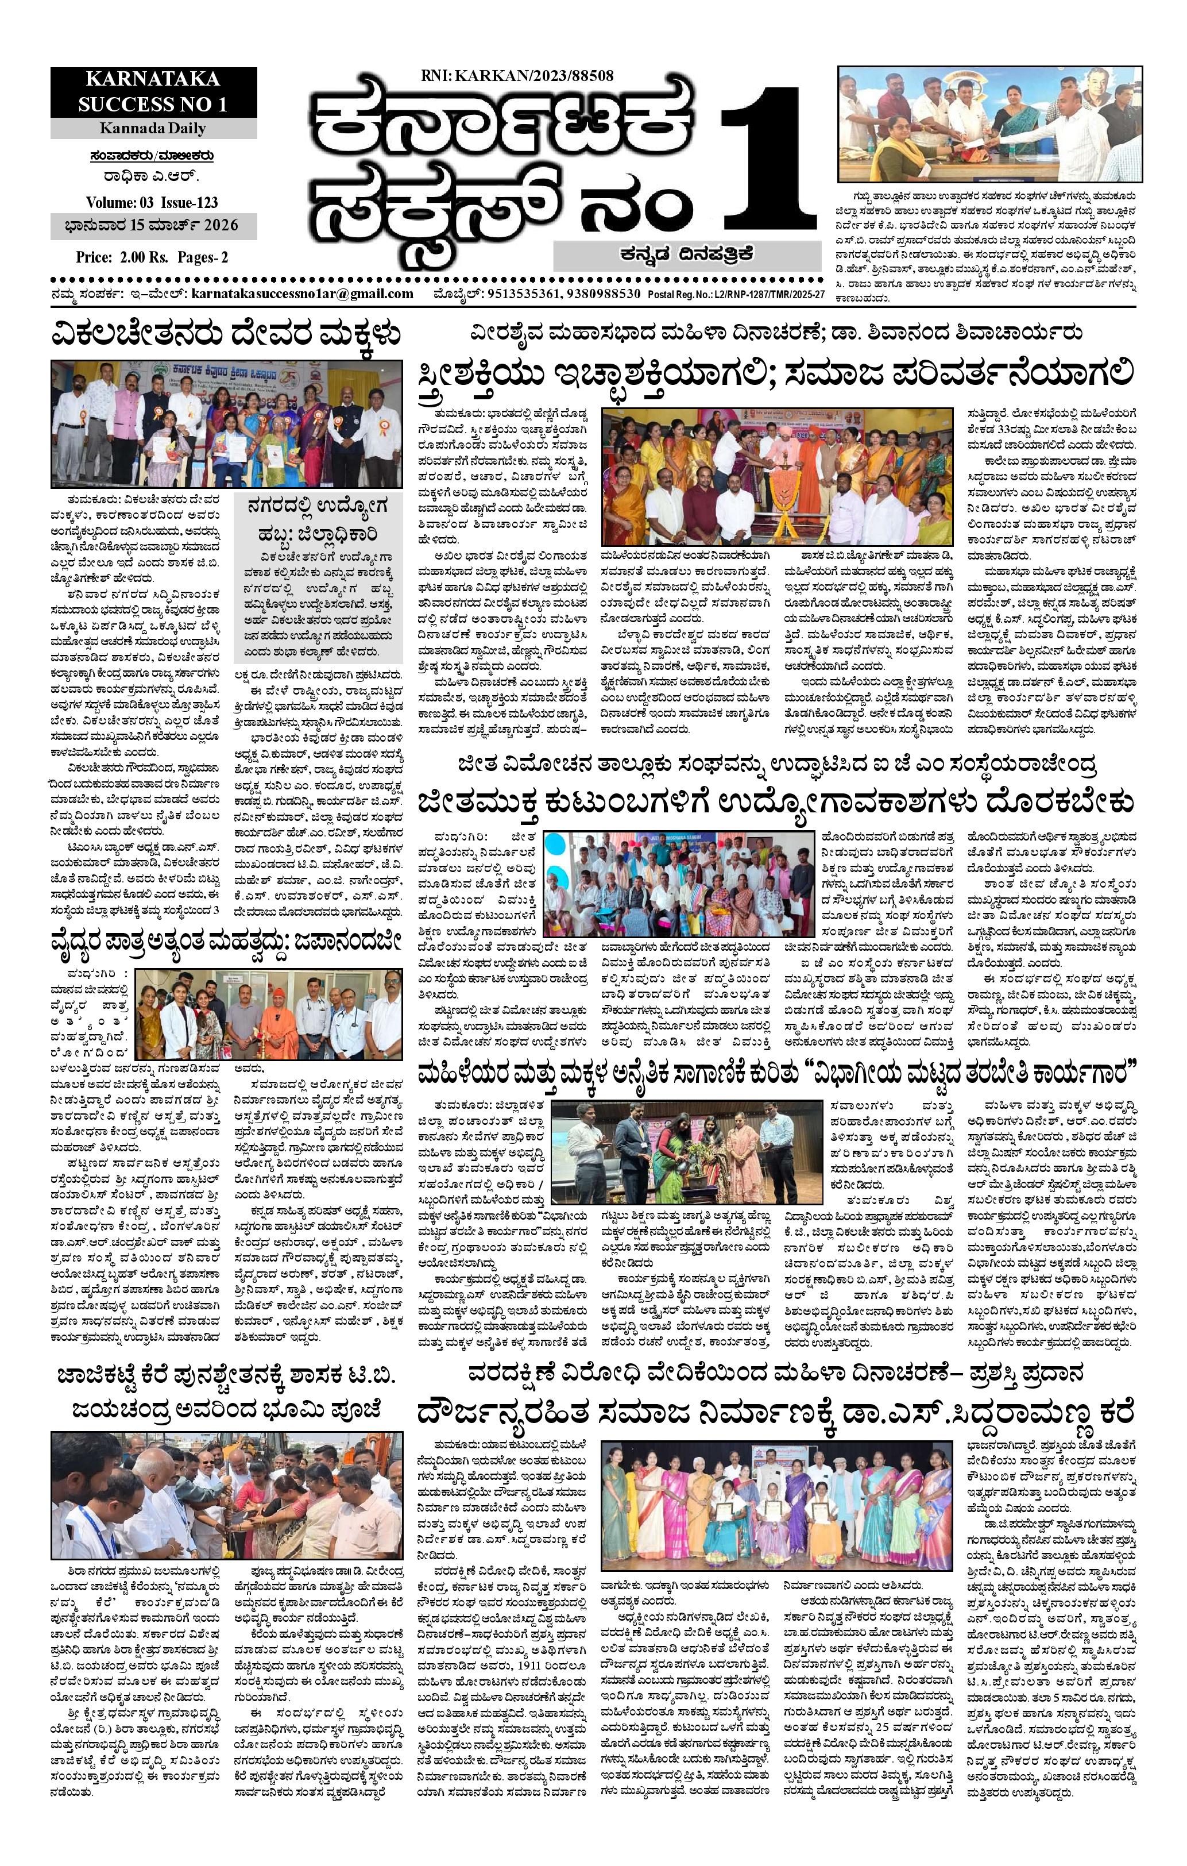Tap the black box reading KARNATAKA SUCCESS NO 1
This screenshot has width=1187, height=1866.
(x=153, y=91)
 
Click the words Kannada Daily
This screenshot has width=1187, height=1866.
(x=153, y=128)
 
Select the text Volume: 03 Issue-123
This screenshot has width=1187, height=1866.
(x=152, y=202)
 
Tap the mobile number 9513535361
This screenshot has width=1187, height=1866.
(x=521, y=294)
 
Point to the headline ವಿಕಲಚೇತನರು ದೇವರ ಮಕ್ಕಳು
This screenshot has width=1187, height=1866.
(x=226, y=336)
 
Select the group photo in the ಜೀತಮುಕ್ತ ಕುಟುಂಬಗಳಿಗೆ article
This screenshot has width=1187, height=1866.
(x=679, y=884)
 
